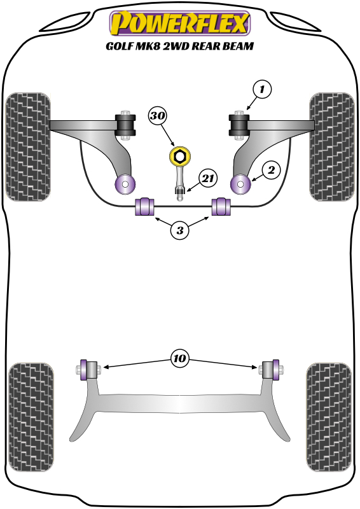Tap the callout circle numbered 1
[x=261, y=90]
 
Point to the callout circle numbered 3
[x=180, y=231]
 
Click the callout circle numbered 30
[x=158, y=116]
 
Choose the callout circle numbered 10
[x=180, y=359]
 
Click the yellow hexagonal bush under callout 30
[x=179, y=156]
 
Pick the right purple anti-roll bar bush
[x=219, y=207]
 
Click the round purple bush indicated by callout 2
[x=241, y=185]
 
